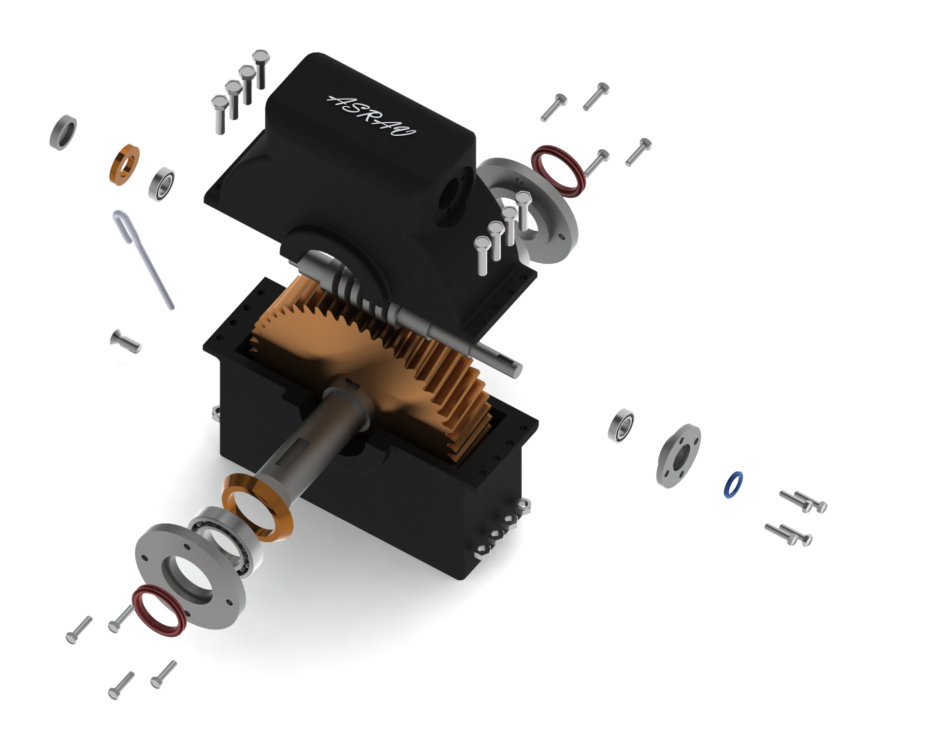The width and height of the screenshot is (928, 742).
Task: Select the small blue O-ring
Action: coord(734,485)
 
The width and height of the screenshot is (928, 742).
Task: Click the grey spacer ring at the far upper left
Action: coord(63,132)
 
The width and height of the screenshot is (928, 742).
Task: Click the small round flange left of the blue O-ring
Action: coord(678,455)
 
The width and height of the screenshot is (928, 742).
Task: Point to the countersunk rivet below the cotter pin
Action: coord(125,341)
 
